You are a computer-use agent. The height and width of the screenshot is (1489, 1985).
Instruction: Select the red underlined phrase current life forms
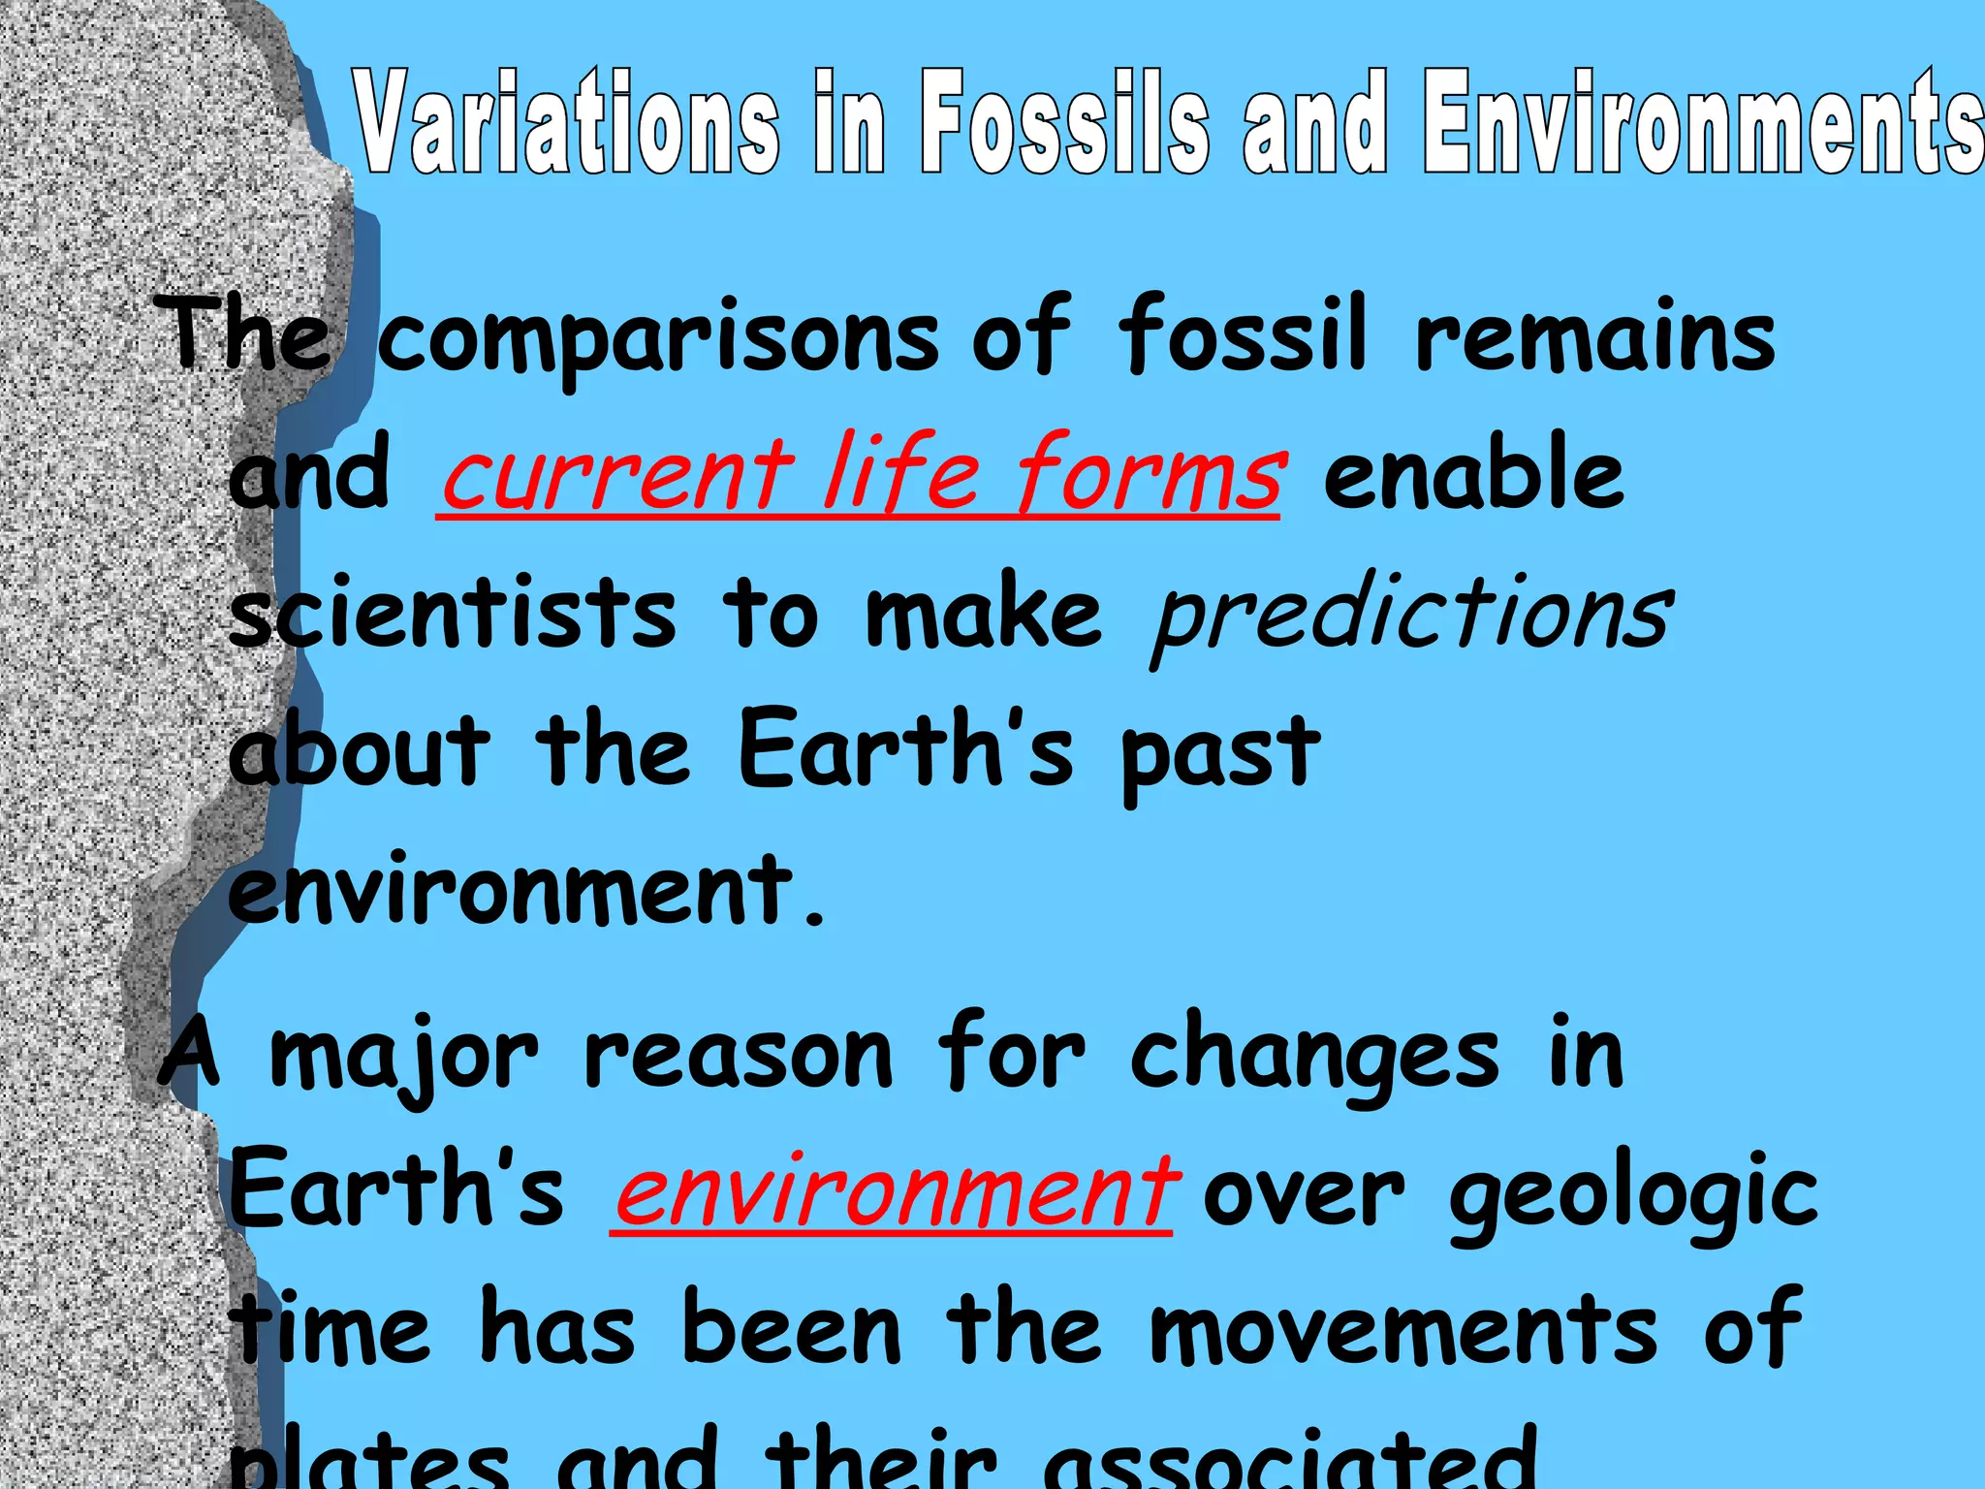[x=861, y=474]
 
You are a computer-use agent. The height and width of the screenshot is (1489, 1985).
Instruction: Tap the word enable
[x=1473, y=474]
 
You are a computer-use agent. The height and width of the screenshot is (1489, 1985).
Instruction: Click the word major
[x=402, y=1058]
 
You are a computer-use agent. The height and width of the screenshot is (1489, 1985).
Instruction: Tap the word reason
[x=738, y=1056]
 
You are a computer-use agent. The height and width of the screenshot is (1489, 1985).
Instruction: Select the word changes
[x=1314, y=1058]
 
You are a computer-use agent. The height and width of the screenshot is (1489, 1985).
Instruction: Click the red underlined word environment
[x=895, y=1191]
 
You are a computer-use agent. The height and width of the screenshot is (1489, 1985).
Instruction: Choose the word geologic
[x=1632, y=1198]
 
